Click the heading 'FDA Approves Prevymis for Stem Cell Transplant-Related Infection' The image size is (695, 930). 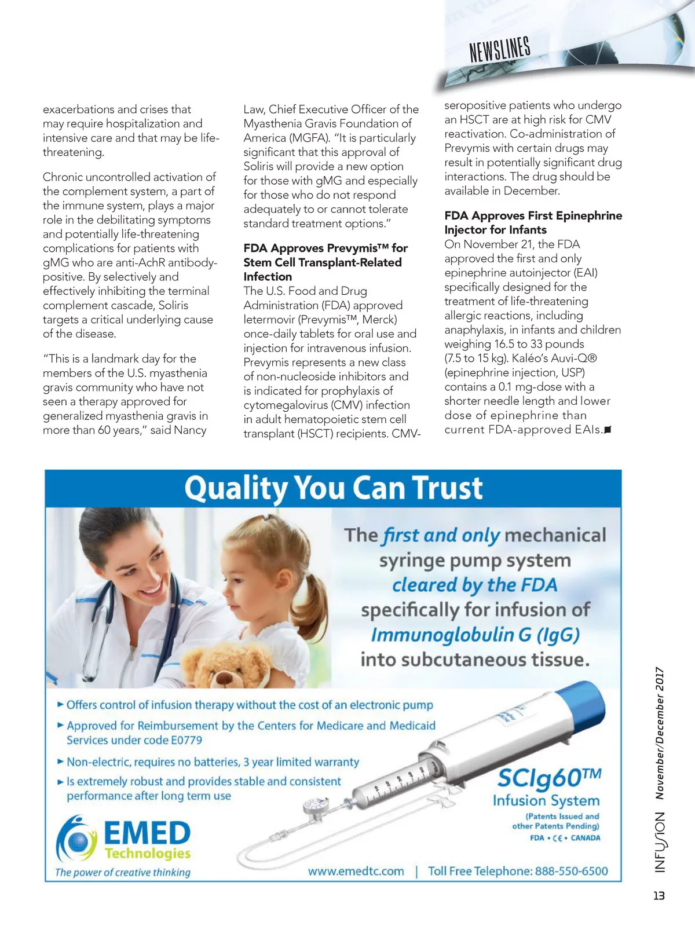click(x=325, y=262)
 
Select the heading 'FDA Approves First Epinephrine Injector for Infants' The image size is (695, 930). click(x=533, y=222)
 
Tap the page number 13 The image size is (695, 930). click(x=659, y=895)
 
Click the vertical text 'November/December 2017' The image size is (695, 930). click(x=660, y=733)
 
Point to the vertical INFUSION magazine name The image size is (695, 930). click(x=660, y=842)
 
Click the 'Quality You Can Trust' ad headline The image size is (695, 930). click(x=333, y=488)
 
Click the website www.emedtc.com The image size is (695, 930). click(x=356, y=871)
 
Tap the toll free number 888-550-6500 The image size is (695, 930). click(x=571, y=871)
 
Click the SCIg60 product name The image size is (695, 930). click(x=548, y=778)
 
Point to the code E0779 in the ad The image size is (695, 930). click(x=186, y=740)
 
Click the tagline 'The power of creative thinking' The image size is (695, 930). click(x=123, y=872)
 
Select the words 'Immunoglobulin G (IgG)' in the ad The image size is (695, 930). click(x=475, y=635)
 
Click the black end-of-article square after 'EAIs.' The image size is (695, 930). click(x=608, y=430)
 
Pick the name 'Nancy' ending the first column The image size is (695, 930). click(x=191, y=430)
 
